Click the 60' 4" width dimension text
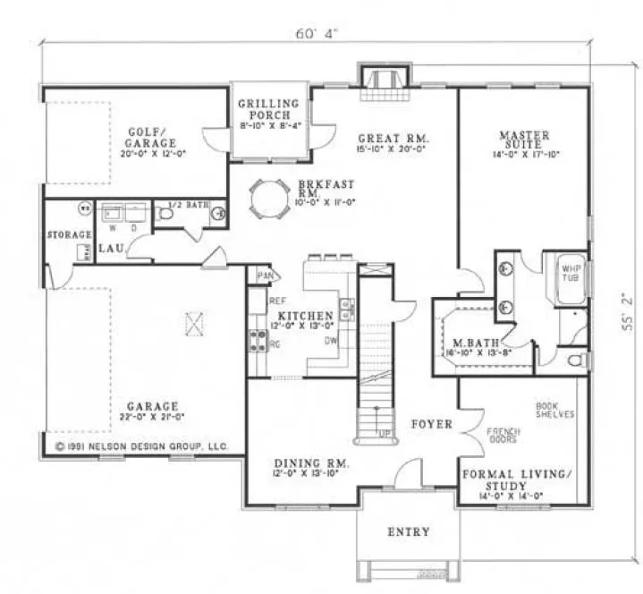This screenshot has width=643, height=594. coord(317,34)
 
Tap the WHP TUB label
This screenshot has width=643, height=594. coord(569,272)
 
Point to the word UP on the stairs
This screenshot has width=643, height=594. coord(385,433)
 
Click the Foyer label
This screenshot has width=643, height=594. coord(431,423)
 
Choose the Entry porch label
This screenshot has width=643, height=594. coord(408,531)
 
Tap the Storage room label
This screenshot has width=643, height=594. coord(70,235)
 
